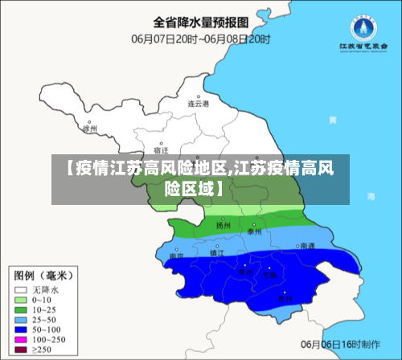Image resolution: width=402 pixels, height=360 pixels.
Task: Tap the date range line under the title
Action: pos(200,37)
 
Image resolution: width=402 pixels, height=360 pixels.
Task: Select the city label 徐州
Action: pos(89,128)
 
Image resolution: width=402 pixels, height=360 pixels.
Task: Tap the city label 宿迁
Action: pos(161,150)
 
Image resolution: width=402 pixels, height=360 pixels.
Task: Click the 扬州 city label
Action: pos(223,226)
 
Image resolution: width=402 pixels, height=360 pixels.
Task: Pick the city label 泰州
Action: pos(255,231)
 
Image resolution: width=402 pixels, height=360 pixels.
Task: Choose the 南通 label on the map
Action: pos(306,246)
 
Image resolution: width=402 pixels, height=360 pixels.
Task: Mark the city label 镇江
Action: pos(216,252)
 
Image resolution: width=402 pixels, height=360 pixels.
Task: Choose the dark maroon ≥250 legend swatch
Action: pos(21,350)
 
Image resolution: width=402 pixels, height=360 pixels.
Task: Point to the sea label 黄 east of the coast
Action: pos(355,121)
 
